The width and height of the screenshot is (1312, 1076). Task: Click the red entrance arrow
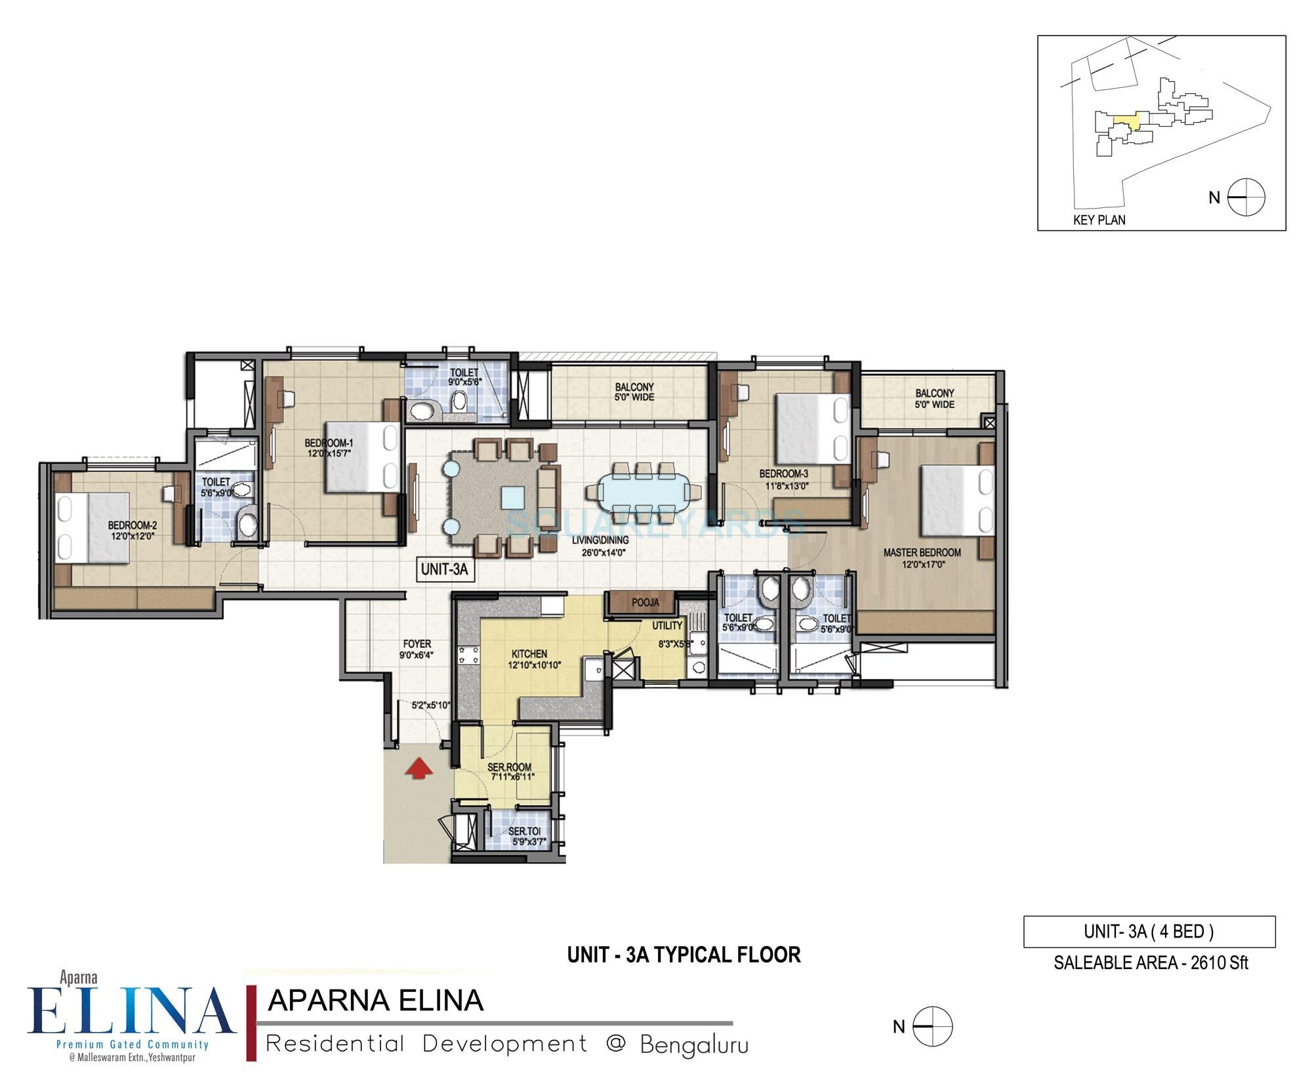point(419,768)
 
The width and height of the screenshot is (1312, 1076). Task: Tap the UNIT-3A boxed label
point(444,569)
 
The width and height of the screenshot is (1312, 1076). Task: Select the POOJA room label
point(645,602)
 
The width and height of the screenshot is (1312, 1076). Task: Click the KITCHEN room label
point(529,654)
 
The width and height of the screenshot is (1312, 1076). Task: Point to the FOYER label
point(417,644)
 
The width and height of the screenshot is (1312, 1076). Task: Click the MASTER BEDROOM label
point(922,552)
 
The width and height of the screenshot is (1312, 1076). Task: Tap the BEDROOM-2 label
point(132,526)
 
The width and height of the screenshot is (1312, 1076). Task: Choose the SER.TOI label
point(525,831)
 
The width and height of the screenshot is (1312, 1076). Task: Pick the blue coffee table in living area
point(513,497)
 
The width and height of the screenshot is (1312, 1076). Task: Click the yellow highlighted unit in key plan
point(1126,121)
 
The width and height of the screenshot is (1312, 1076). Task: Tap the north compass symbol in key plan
point(1246,197)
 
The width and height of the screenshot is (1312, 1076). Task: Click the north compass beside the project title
point(932,1026)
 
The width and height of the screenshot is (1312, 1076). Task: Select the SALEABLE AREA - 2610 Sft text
point(1151,963)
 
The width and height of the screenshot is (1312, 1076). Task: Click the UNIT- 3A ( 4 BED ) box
point(1149,932)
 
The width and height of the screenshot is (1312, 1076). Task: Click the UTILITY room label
point(667,626)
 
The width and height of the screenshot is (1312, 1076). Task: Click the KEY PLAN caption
point(1099,220)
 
